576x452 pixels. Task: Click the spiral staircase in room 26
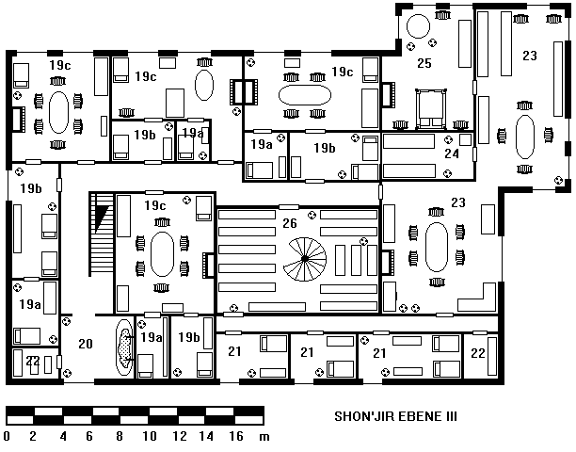[305, 259]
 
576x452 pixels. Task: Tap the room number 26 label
[290, 223]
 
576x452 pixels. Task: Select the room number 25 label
[424, 63]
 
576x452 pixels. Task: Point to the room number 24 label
[452, 153]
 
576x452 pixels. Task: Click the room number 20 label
[86, 344]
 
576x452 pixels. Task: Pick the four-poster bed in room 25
[431, 109]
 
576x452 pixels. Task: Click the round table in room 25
[418, 26]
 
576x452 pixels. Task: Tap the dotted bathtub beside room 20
[124, 347]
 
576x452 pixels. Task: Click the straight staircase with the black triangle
[102, 234]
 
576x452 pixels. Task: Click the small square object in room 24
[466, 140]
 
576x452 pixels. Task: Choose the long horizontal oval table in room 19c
[305, 95]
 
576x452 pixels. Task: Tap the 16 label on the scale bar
[236, 436]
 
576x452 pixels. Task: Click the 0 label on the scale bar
[7, 436]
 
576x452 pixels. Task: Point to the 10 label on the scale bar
[150, 436]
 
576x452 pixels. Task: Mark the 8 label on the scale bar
[120, 436]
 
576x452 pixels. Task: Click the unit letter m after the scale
[264, 437]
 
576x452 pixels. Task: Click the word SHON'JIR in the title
[364, 416]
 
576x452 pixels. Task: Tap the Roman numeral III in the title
[452, 416]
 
